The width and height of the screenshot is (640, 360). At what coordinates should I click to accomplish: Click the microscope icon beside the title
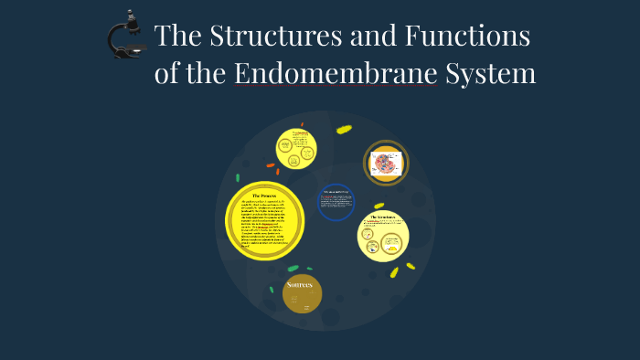[x=125, y=36]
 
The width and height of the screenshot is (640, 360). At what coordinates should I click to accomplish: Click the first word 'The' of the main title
[x=179, y=37]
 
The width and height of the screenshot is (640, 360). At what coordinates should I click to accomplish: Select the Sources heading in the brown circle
[x=300, y=284]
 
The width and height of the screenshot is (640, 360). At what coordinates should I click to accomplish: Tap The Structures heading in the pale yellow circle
[x=382, y=217]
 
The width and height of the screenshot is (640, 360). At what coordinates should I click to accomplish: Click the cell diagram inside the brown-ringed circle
[x=386, y=163]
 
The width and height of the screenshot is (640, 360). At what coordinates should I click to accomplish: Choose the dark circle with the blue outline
[x=335, y=202]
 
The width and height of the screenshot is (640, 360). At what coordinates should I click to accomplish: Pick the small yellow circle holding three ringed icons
[x=297, y=148]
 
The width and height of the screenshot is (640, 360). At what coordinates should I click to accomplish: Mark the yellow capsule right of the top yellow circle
[x=344, y=129]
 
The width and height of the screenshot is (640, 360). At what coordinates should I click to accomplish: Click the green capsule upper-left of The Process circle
[x=238, y=178]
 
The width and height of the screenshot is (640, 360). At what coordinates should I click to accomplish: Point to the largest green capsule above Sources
[x=293, y=269]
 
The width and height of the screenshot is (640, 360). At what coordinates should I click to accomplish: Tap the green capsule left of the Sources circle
[x=271, y=290]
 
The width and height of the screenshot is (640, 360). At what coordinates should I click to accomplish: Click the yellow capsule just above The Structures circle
[x=379, y=206]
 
